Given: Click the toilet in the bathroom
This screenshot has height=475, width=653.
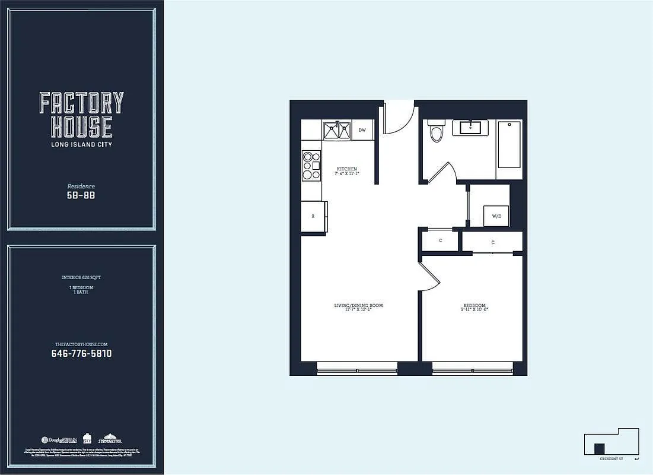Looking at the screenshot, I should tap(437, 131).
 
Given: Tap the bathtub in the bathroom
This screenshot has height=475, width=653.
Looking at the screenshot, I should tap(509, 145).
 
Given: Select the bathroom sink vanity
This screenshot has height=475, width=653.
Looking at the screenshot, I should tap(470, 128).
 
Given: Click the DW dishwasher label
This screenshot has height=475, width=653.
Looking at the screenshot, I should tap(362, 129).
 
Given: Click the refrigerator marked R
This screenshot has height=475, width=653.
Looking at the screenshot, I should tap(313, 216).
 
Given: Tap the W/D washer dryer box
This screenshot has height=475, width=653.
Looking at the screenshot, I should tap(496, 216).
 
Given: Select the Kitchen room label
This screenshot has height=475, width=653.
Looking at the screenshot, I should tap(347, 171).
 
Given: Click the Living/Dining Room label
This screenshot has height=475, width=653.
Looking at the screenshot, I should tap(358, 307).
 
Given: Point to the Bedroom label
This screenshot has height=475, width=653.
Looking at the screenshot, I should tap(474, 307).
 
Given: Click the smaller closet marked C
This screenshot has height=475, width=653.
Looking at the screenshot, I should tap(440, 241).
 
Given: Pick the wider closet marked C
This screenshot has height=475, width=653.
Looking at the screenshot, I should tap(492, 242).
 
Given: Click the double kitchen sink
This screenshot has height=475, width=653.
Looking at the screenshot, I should tap(337, 130).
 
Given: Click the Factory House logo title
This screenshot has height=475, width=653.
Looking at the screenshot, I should tap(82, 115).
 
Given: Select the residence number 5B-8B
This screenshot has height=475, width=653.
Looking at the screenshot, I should tap(81, 195).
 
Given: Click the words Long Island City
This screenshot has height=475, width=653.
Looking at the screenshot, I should tap(81, 144).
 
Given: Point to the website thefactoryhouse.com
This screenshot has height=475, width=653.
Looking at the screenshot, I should tap(81, 344).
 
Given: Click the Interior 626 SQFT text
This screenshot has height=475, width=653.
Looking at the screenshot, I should tap(81, 277).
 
